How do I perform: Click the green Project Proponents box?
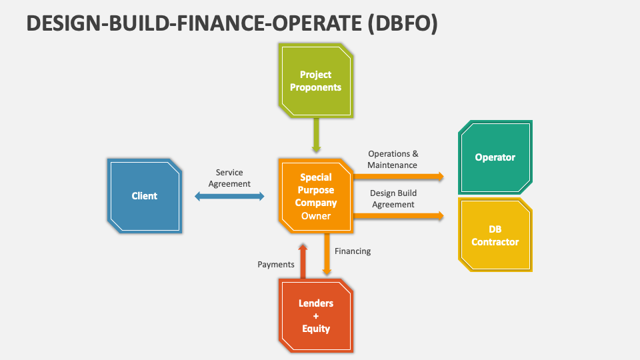click(316, 81)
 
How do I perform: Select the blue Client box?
click(145, 196)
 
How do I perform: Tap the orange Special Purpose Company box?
click(316, 196)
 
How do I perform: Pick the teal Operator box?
click(495, 157)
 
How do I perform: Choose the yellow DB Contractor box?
click(495, 235)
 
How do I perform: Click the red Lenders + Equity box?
click(316, 315)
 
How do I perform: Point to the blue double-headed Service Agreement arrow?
click(229, 196)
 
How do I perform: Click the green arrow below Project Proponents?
click(316, 135)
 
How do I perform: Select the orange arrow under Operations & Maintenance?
click(399, 177)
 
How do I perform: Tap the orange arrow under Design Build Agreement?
click(399, 216)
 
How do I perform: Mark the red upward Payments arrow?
click(303, 261)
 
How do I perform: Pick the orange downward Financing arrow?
click(327, 254)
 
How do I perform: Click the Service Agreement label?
click(229, 178)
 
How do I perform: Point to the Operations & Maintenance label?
click(393, 159)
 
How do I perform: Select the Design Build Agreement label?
click(393, 199)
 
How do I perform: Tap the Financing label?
click(353, 251)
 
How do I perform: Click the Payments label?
click(276, 265)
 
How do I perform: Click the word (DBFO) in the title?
click(403, 23)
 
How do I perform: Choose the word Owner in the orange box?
click(316, 216)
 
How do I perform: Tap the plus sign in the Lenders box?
click(316, 316)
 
